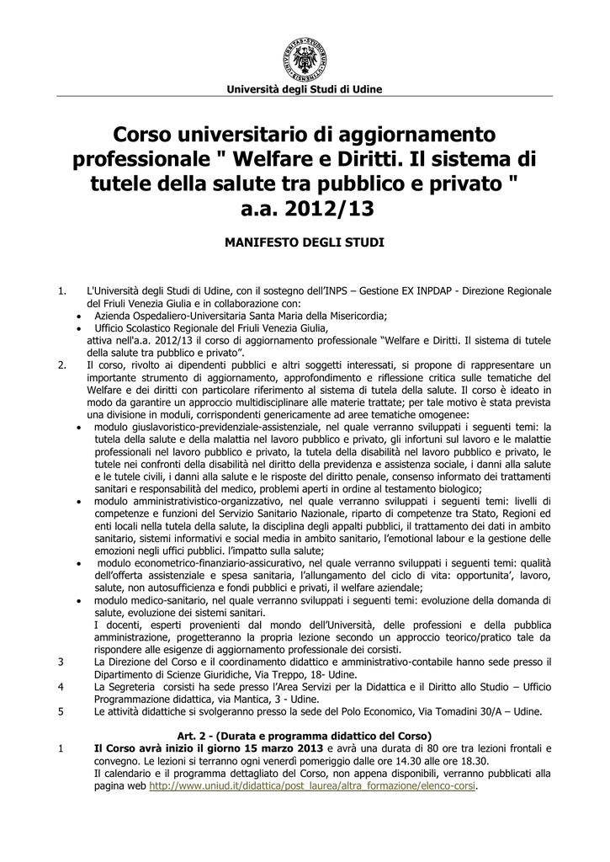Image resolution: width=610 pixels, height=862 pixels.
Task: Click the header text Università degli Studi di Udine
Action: (x=305, y=89)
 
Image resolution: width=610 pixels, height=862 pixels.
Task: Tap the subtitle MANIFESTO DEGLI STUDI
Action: (x=305, y=242)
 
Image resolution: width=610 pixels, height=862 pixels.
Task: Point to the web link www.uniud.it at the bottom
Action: (x=312, y=786)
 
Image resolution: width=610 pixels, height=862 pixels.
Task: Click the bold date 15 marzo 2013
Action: (x=276, y=749)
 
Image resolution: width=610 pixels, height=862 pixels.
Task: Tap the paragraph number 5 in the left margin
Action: (x=61, y=712)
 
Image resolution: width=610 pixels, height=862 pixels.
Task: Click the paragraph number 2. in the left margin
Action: (x=61, y=365)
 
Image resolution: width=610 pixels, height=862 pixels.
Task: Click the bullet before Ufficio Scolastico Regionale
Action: (x=78, y=328)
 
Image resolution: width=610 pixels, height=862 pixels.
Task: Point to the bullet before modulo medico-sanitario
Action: (x=78, y=601)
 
